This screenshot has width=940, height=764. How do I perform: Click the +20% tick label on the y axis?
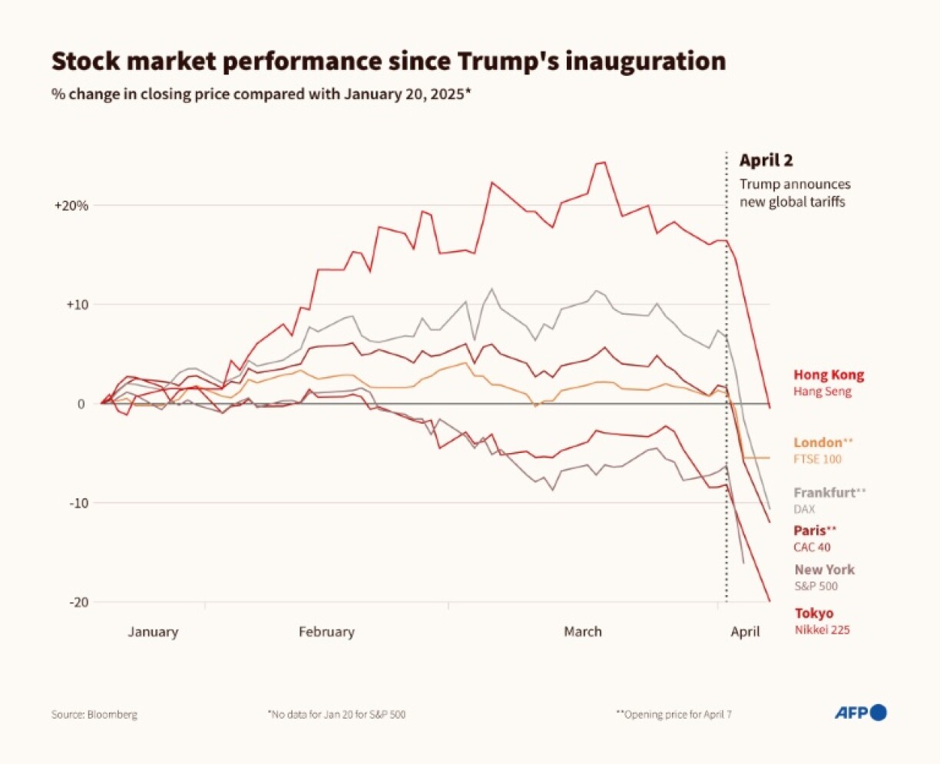click(x=71, y=206)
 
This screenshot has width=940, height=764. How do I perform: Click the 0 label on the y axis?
click(x=81, y=404)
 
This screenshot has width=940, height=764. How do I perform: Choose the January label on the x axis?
click(x=152, y=632)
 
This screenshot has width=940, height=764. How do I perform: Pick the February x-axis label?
click(x=326, y=632)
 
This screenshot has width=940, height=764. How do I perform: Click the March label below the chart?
click(x=582, y=632)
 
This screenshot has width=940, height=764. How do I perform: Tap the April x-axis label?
click(x=744, y=632)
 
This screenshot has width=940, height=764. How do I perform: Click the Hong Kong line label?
click(x=828, y=375)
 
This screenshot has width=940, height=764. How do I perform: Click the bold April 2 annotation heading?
click(x=766, y=160)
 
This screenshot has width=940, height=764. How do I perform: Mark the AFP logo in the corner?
click(x=860, y=713)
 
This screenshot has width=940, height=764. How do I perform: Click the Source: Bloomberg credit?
click(x=94, y=714)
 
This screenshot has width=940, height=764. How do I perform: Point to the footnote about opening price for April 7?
click(x=674, y=714)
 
